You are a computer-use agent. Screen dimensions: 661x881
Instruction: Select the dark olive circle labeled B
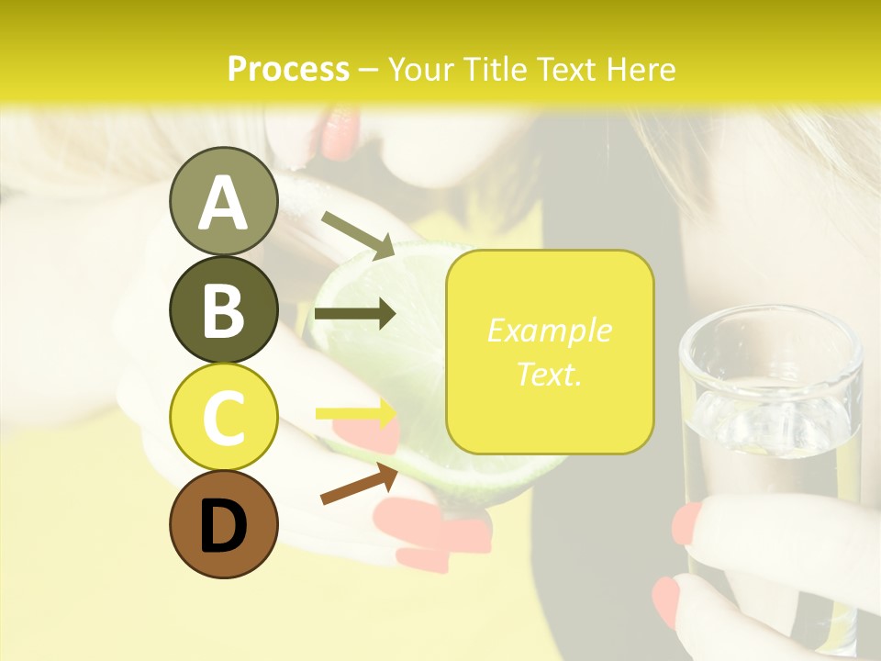[223, 309]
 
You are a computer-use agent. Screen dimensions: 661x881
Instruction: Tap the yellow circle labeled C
[223, 417]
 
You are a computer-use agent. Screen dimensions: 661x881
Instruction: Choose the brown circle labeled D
[223, 524]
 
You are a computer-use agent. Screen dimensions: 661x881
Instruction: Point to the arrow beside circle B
[355, 314]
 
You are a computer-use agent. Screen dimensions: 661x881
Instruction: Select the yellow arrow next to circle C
[356, 413]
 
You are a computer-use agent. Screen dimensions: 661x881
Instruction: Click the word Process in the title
[288, 69]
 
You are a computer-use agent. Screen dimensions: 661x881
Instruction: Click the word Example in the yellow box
[549, 330]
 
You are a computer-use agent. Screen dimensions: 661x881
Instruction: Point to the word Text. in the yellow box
[549, 374]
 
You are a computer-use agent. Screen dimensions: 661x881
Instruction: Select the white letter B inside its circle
[223, 309]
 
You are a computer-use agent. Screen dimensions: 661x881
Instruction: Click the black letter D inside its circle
[223, 526]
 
